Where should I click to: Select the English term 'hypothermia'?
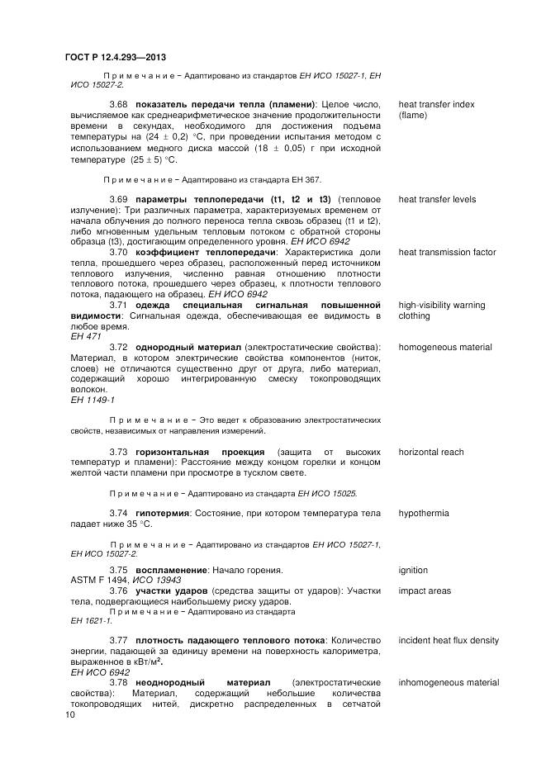[x=424, y=513]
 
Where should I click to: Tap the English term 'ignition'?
[x=414, y=570]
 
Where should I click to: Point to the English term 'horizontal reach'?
[x=431, y=452]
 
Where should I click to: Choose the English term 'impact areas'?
[x=425, y=590]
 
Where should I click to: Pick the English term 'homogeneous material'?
[x=445, y=347]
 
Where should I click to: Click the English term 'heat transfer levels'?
[x=437, y=199]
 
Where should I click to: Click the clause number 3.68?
[x=118, y=104]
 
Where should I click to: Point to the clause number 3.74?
[x=118, y=513]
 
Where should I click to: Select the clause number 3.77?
[x=118, y=640]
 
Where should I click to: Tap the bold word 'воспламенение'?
[x=172, y=570]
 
